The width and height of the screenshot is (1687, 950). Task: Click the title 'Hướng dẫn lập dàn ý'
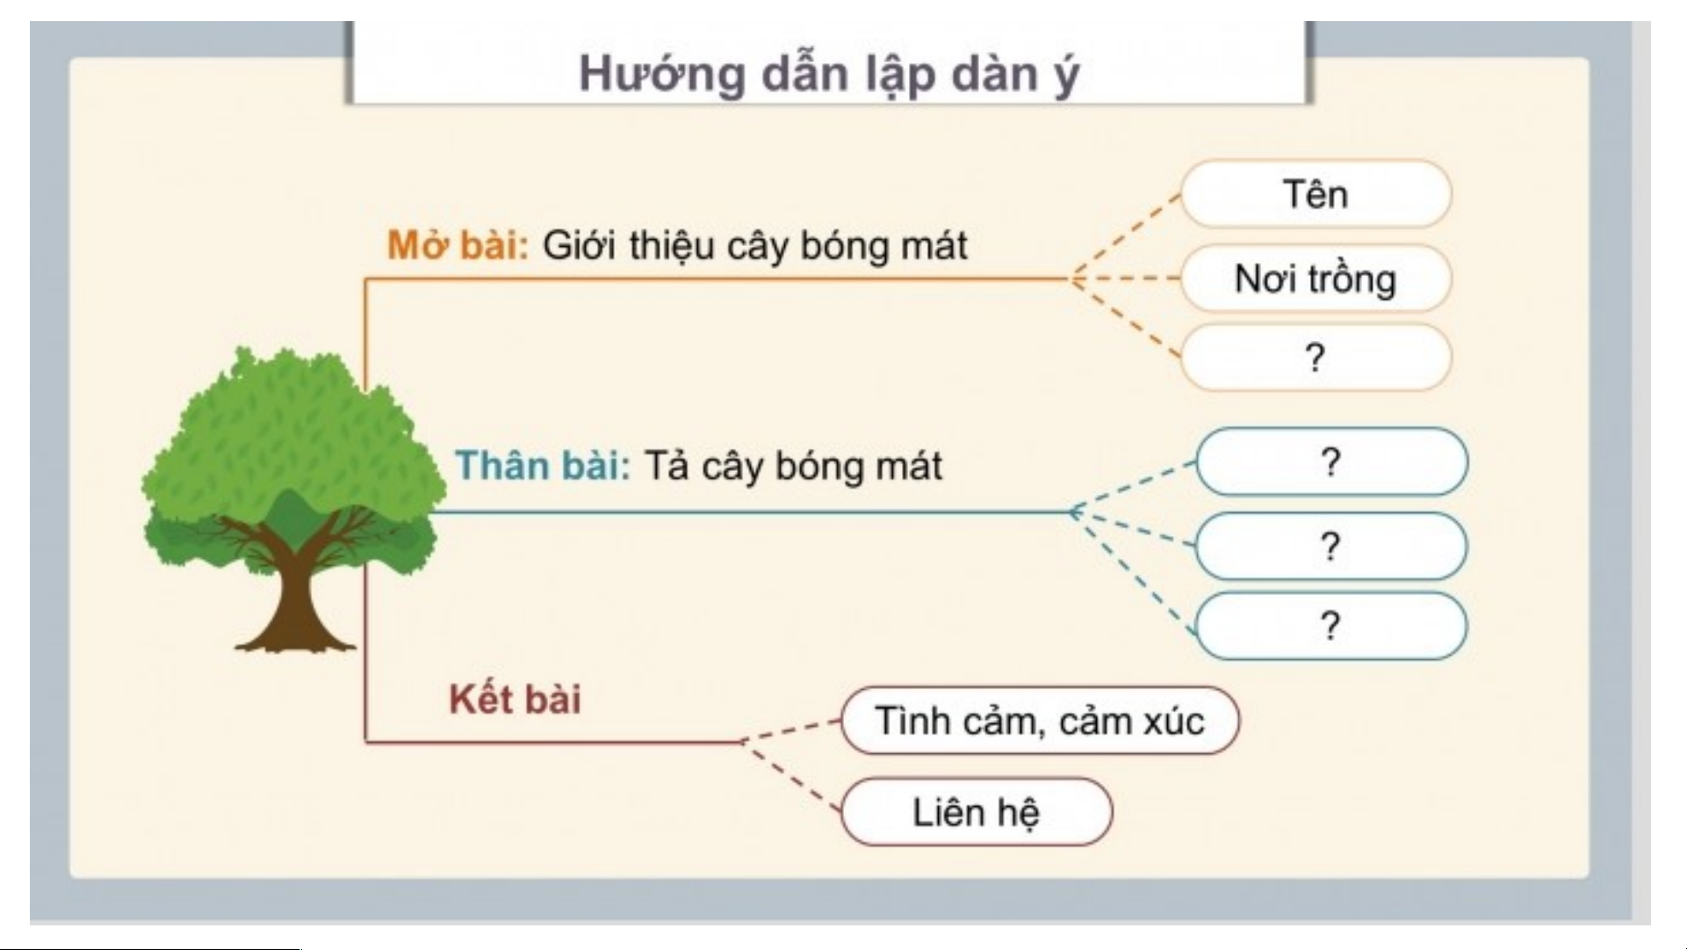coord(828,74)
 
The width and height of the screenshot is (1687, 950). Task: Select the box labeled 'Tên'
coord(1315,194)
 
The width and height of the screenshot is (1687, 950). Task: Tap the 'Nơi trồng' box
coord(1315,279)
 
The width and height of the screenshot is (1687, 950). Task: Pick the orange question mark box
coord(1315,358)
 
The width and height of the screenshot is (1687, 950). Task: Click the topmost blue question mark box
coord(1330,462)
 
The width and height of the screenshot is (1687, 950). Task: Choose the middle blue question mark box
coord(1330,547)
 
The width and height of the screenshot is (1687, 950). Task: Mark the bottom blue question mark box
coord(1330,626)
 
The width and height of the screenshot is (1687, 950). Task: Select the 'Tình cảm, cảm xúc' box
coord(1040,722)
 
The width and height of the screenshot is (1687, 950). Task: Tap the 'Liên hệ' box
coord(976,812)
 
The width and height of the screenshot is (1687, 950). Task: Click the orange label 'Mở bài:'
coord(458,245)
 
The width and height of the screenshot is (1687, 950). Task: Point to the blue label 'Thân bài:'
coord(543,466)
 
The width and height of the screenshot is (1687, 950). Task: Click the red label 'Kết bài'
coord(515,700)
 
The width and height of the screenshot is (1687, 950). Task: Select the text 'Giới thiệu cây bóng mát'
coord(754,245)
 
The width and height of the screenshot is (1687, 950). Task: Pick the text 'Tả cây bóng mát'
coord(793,466)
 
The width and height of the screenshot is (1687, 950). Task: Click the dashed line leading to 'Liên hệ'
coord(792,776)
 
